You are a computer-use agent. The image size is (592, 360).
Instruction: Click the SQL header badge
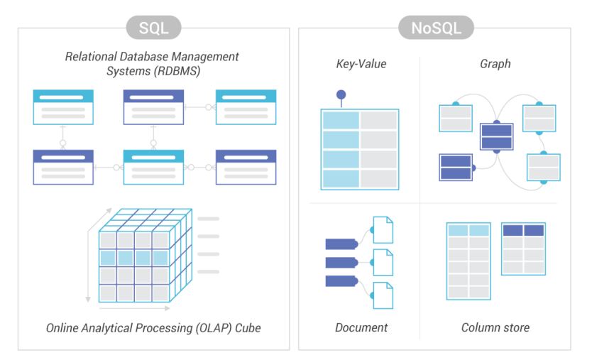pyautogui.click(x=153, y=28)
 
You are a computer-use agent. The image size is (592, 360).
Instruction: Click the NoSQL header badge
pyautogui.click(x=435, y=28)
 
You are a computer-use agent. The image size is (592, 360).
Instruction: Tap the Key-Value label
pyautogui.click(x=361, y=65)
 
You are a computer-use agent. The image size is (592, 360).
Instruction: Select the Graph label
pyautogui.click(x=495, y=65)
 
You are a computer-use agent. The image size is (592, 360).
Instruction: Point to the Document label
pyautogui.click(x=361, y=328)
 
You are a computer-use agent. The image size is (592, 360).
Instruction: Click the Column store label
pyautogui.click(x=495, y=328)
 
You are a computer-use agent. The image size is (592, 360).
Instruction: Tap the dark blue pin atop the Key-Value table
pyautogui.click(x=341, y=94)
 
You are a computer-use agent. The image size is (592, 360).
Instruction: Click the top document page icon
pyautogui.click(x=383, y=229)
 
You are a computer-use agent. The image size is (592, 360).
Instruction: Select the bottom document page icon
pyautogui.click(x=383, y=295)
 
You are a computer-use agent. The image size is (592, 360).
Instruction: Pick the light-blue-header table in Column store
pyautogui.click(x=468, y=261)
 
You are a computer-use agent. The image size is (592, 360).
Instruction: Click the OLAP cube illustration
pyautogui.click(x=142, y=256)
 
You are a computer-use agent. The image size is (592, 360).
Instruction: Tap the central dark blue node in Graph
pyautogui.click(x=496, y=136)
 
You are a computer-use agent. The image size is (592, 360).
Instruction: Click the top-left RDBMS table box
pyautogui.click(x=62, y=107)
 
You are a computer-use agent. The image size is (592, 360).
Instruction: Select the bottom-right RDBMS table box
pyautogui.click(x=246, y=167)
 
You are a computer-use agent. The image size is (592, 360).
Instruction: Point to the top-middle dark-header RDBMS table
pyautogui.click(x=153, y=107)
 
